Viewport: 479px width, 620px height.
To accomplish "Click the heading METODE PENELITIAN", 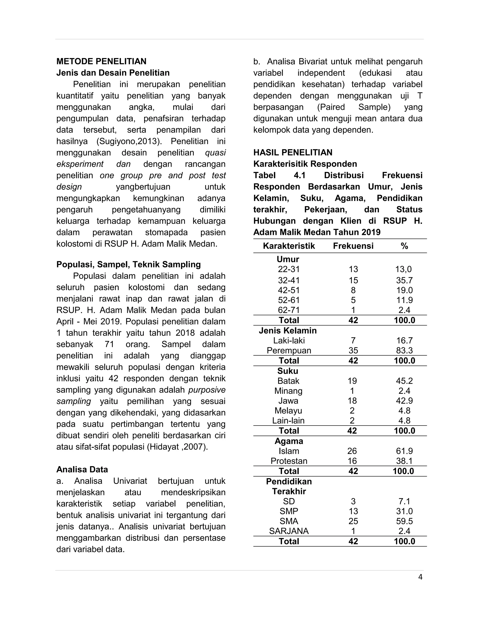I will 101,61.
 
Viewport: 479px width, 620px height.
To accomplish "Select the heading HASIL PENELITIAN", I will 293,153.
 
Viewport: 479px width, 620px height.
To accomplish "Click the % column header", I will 404,246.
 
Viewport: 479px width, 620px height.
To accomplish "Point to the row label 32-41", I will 289,280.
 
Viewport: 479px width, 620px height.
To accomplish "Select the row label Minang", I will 288,391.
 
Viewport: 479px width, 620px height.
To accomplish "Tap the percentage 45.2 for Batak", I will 404,381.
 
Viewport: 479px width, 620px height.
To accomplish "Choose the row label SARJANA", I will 289,531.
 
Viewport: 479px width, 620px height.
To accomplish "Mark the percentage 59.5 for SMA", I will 404,521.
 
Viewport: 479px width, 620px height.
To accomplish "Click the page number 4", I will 420,577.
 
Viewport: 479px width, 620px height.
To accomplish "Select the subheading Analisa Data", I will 82,470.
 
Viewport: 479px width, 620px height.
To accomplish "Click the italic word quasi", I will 215,153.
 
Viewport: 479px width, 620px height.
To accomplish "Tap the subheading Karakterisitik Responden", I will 305,164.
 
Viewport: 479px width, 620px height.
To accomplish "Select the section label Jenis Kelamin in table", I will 288,330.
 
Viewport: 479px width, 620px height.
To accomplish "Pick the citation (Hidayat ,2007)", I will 177,447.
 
